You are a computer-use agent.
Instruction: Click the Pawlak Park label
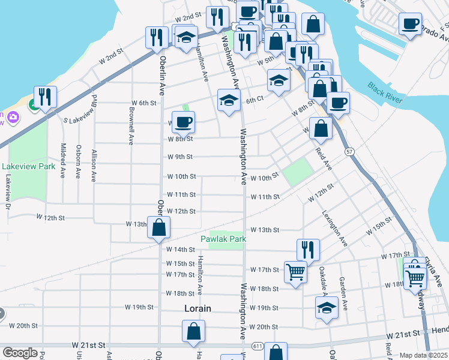click(228, 239)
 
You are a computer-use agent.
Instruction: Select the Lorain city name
click(197, 308)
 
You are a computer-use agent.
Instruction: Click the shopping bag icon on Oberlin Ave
click(159, 227)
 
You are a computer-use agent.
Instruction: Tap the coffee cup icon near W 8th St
click(184, 122)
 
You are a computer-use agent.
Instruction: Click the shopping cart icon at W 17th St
click(295, 272)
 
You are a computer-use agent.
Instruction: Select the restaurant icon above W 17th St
click(308, 249)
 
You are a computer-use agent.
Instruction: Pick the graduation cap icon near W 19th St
click(327, 308)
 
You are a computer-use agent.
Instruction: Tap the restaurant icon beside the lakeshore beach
click(45, 97)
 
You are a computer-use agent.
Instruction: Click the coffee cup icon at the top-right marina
click(411, 24)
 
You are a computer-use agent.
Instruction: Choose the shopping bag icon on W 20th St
click(194, 331)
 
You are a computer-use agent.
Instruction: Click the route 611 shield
click(258, 346)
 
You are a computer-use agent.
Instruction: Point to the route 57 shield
click(349, 152)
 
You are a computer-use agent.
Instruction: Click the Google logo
click(20, 353)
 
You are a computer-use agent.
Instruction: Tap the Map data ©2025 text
click(424, 355)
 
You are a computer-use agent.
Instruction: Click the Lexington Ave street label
click(334, 228)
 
